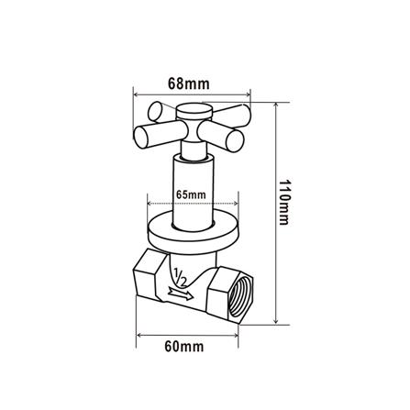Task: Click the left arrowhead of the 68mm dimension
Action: [137, 93]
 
